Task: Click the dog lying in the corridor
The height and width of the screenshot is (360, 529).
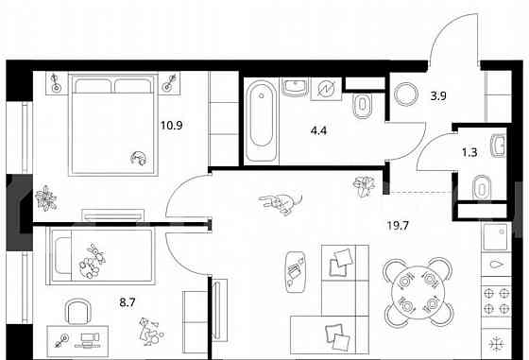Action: coord(280,200)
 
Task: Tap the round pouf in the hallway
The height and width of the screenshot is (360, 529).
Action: coord(407,95)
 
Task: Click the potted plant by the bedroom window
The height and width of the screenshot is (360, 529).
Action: coord(45,198)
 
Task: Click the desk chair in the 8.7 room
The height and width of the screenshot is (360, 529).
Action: coord(77,313)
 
